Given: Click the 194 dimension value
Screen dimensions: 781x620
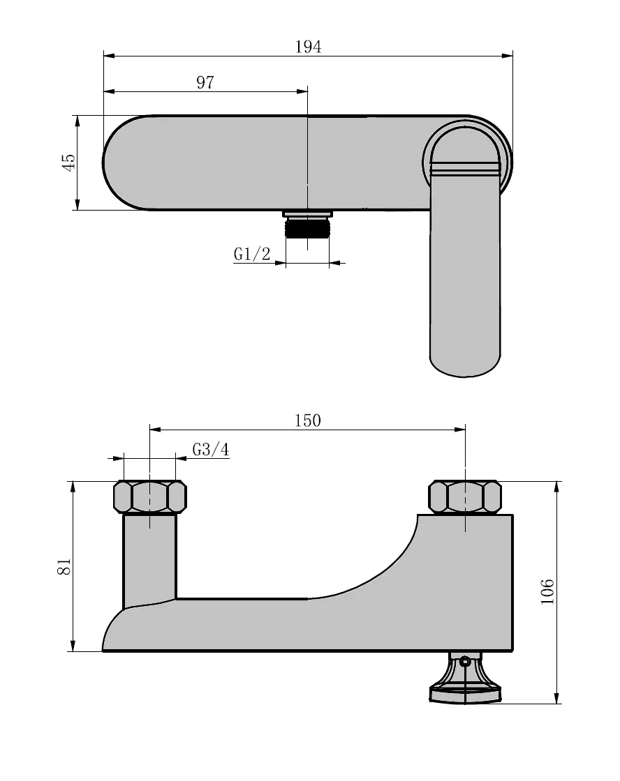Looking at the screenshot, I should pos(308,47).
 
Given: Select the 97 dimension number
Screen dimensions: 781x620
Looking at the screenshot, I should pos(205,83).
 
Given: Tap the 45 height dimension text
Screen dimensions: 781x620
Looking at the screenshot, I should pos(68,162).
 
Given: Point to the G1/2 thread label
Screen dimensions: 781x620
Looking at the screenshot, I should pos(251,255).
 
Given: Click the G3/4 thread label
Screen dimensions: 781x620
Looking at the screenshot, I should pos(210,450).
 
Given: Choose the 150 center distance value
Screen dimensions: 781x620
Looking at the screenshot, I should pos(307,420).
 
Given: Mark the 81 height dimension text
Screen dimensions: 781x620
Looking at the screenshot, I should pos(64,566).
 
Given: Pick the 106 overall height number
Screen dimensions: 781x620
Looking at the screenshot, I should pos(548,592).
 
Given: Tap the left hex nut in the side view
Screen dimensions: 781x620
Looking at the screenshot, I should pos(149,497).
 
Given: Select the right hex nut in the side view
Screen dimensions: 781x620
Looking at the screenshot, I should pos(464,497).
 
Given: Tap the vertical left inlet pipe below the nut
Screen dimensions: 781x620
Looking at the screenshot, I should pos(149,558).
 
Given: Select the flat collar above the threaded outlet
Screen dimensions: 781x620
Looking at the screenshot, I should pos(307,213).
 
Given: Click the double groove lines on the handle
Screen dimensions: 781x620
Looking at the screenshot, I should pos(465,168).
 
